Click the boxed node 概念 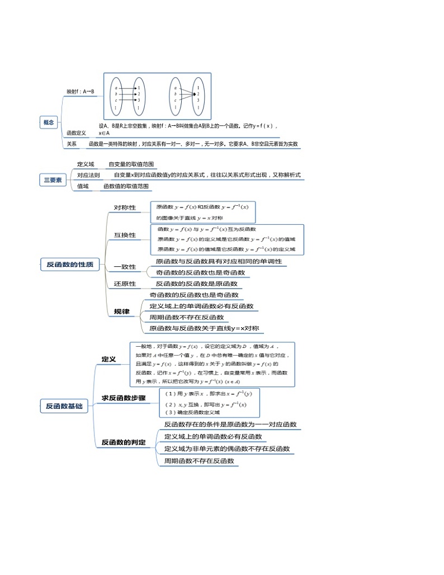click(x=49, y=122)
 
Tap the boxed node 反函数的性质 click(x=70, y=265)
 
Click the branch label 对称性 click(x=125, y=208)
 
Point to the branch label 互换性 click(x=125, y=235)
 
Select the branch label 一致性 click(x=125, y=267)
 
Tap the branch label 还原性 click(x=125, y=284)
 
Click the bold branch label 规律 click(x=121, y=311)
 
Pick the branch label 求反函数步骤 click(x=124, y=398)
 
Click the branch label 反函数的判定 click(x=124, y=442)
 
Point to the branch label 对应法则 click(x=88, y=175)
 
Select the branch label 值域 click(x=83, y=186)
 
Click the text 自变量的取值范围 click(x=130, y=164)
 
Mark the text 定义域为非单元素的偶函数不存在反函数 click(x=227, y=449)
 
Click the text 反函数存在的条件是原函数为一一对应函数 click(x=230, y=425)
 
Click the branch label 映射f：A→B click(x=81, y=91)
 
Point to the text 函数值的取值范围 click(x=125, y=186)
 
